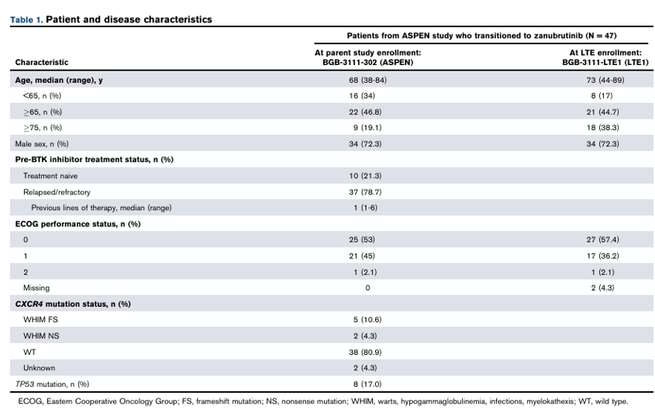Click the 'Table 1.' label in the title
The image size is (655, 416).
26,19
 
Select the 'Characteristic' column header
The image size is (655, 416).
42,62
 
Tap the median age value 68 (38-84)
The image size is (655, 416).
367,80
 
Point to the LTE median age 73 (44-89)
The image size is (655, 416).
605,80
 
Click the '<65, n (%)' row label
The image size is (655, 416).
42,95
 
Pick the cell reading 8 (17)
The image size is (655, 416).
602,95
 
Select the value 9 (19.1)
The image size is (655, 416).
367,127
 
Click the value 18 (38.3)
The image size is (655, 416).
603,127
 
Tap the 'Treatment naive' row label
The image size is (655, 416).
50,176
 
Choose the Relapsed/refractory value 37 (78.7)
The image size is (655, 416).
366,192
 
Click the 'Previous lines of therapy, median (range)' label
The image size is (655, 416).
102,208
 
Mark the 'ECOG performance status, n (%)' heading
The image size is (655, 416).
78,224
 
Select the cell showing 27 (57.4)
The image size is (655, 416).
603,239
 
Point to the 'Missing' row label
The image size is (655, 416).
36,287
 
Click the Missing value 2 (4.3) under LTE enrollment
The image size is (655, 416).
603,287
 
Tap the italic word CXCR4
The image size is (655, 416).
29,304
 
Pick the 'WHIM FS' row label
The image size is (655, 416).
40,319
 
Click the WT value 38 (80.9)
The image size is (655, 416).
366,352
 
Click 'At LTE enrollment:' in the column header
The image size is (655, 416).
605,53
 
